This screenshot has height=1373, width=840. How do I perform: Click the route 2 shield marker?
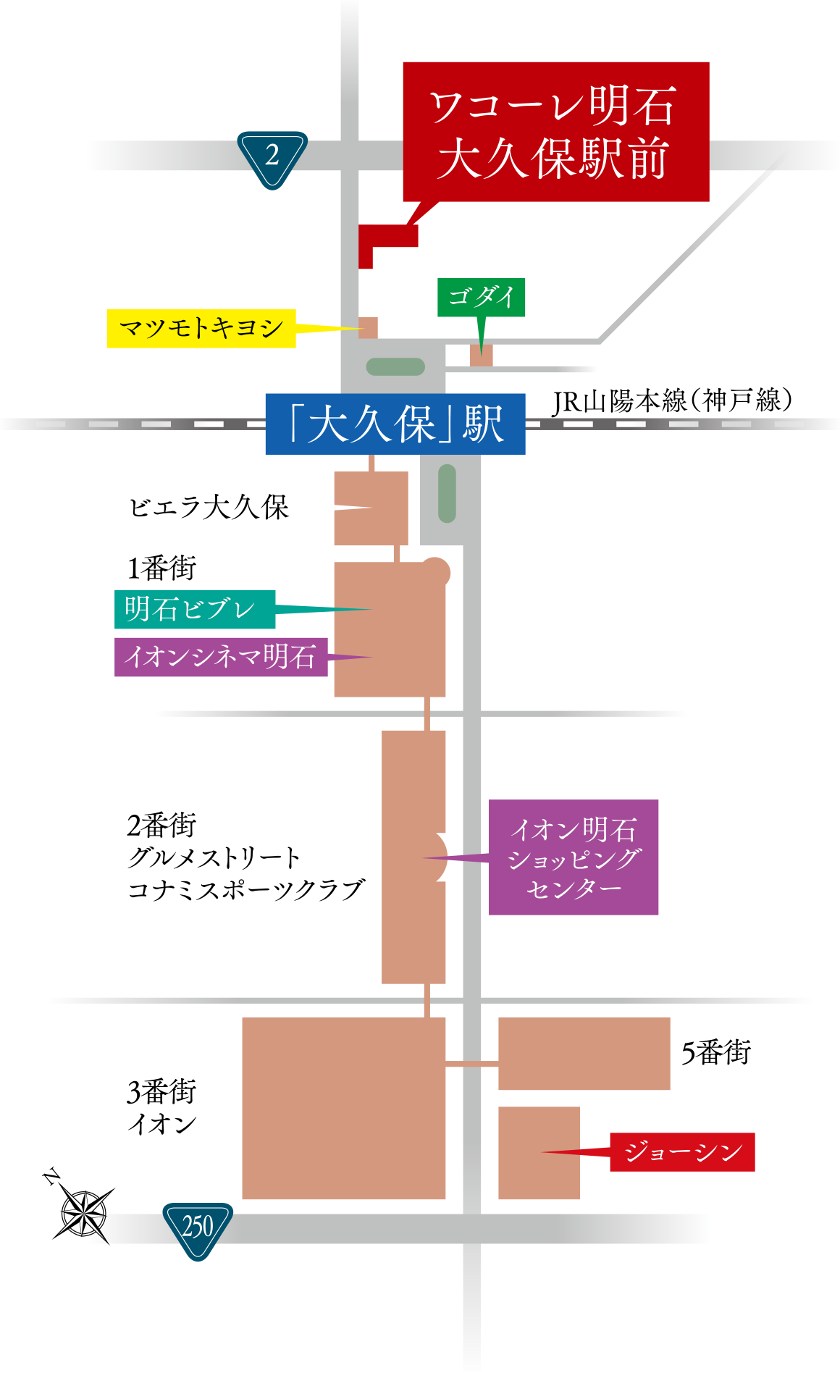272,157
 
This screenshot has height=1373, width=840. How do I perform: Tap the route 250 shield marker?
198,1228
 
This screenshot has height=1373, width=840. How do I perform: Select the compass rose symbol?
84,1211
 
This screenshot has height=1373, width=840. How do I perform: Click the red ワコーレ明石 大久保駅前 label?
555,131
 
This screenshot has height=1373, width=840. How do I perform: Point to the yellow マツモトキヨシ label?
201,329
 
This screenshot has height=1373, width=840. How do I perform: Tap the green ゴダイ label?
481,297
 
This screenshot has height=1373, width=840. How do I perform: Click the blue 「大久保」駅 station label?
395,424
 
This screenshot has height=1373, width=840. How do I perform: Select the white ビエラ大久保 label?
209,508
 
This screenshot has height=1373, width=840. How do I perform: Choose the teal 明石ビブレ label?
195,609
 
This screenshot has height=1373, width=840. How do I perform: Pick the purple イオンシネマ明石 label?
221,657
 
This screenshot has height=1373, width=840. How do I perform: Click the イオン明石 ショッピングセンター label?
574,857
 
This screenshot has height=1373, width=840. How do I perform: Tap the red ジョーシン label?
682,1151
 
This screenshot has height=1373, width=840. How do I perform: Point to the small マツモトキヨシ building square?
368,328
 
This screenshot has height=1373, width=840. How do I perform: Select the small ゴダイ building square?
481,356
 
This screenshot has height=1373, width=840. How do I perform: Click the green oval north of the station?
395,367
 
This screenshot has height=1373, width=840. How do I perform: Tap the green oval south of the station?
448,493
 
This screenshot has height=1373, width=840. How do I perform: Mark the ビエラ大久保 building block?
371,508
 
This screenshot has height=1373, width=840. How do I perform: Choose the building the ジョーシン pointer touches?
539,1152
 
